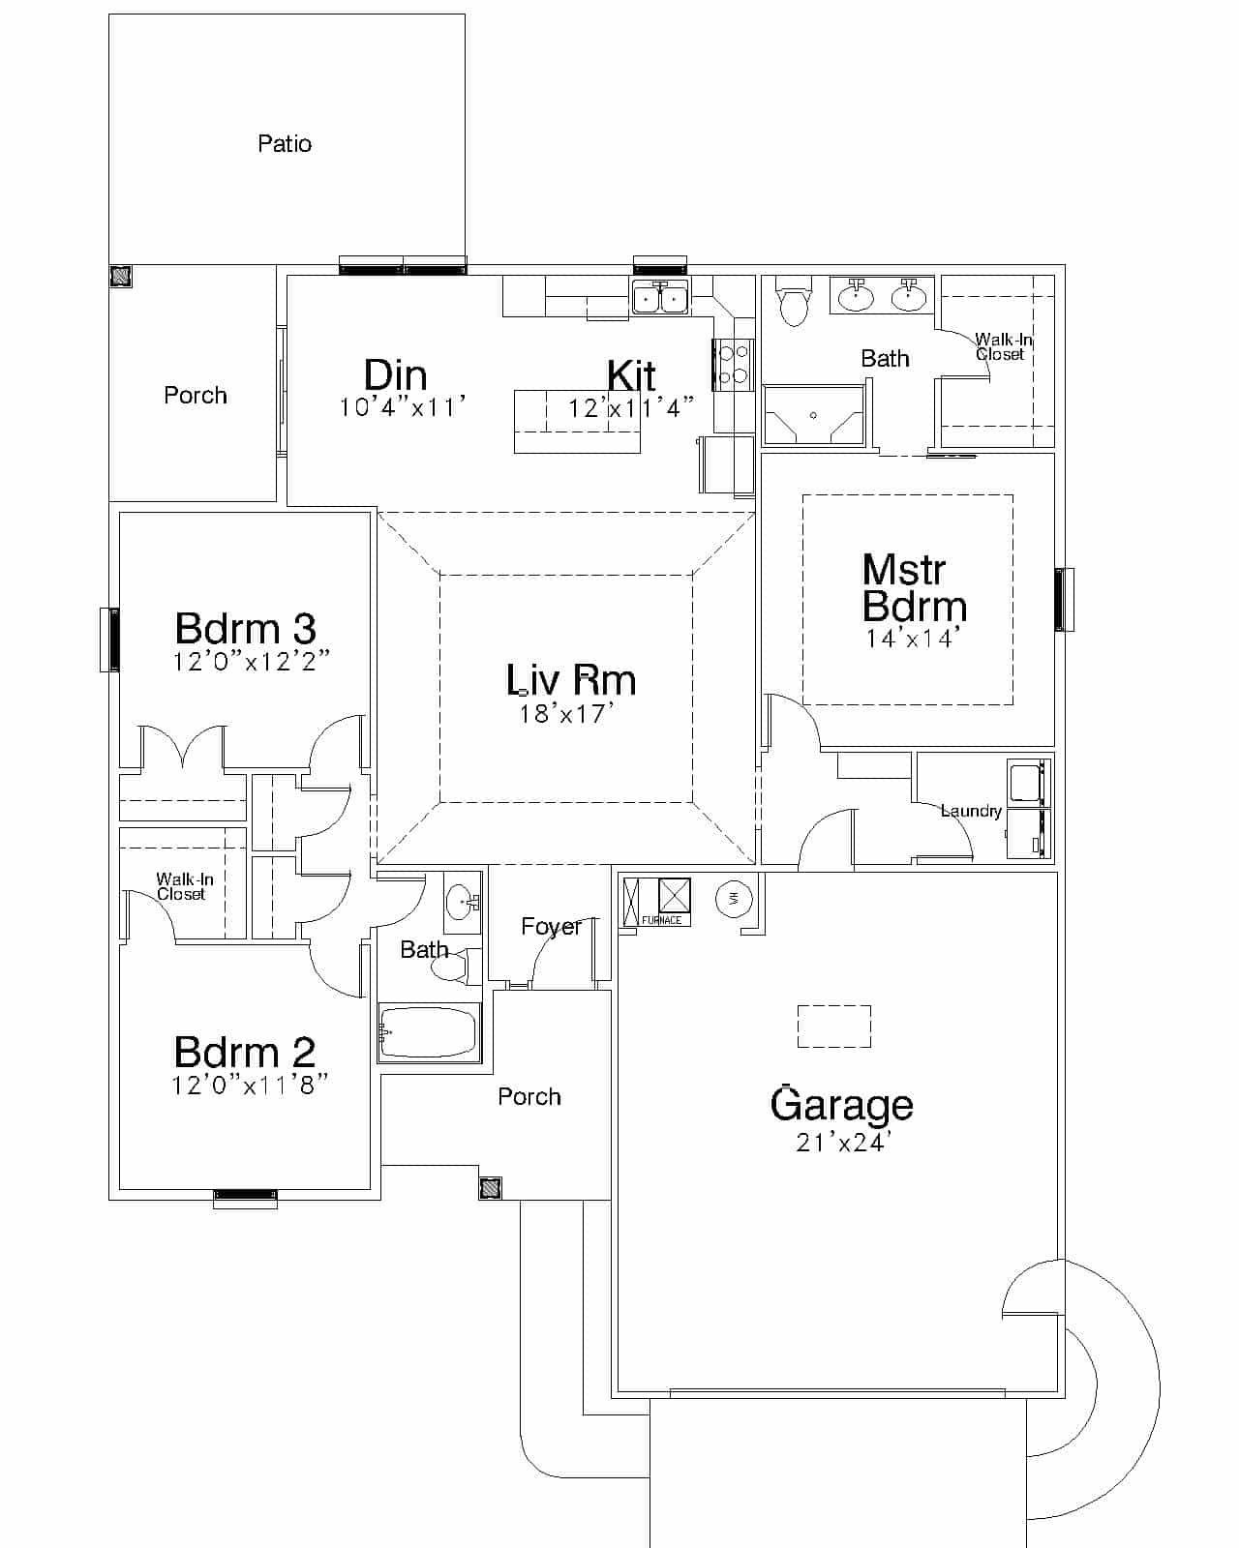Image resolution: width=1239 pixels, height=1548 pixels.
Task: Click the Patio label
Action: click(x=285, y=144)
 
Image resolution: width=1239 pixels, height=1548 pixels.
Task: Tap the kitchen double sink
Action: click(x=660, y=297)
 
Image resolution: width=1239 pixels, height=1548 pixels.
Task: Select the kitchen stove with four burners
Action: click(x=733, y=365)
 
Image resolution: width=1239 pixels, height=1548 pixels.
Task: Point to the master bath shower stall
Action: click(x=813, y=415)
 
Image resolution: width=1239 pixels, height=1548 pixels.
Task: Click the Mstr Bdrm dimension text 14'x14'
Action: click(x=912, y=638)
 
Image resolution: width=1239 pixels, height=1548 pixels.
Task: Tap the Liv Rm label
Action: click(x=572, y=680)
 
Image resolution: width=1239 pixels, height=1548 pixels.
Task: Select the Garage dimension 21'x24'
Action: click(x=843, y=1142)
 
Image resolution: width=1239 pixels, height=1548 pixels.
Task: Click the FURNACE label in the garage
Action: click(x=662, y=920)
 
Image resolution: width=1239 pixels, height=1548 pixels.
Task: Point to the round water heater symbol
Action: click(x=734, y=898)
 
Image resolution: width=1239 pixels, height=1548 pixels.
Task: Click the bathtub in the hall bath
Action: click(x=429, y=1032)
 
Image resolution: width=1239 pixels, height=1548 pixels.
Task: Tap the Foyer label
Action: click(x=551, y=927)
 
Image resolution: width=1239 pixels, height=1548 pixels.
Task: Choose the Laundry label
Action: click(x=971, y=811)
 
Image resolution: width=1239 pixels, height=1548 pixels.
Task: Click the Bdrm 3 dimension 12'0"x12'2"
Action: click(x=252, y=661)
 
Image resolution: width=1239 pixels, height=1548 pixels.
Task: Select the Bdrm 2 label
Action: click(x=245, y=1053)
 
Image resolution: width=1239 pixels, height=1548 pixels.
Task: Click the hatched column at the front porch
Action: click(x=490, y=1188)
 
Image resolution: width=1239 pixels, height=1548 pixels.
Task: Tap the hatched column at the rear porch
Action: click(x=121, y=276)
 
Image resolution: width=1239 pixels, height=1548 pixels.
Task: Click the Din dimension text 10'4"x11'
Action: click(x=402, y=408)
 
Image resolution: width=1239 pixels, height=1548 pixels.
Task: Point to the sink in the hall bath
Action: click(x=461, y=902)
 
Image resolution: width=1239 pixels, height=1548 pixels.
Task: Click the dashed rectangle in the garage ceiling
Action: click(x=833, y=1026)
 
